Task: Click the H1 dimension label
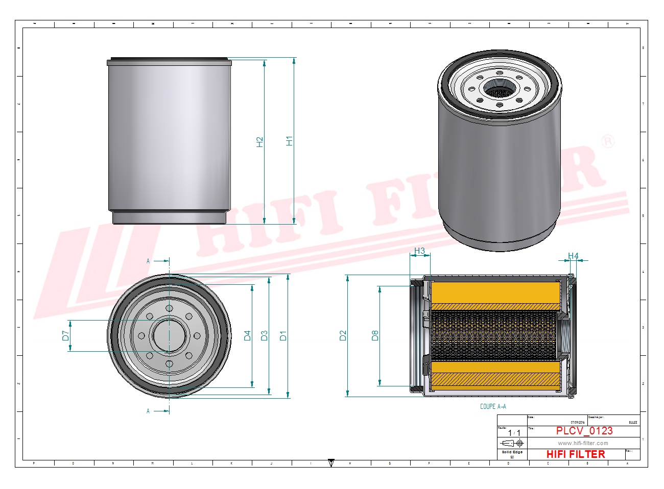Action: [x=290, y=141]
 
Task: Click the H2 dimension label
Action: [x=260, y=142]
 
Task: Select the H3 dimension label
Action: [x=419, y=251]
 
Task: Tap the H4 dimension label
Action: [x=573, y=256]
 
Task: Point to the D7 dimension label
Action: [x=65, y=335]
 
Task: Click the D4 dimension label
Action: [x=247, y=335]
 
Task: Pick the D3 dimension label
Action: [x=264, y=335]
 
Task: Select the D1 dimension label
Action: [x=283, y=335]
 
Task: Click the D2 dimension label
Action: [x=343, y=335]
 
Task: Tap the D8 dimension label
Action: [x=375, y=335]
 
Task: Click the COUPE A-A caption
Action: [x=493, y=406]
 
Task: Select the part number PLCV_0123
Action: [x=584, y=431]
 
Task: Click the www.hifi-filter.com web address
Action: [x=583, y=443]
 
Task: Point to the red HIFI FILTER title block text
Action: [x=575, y=454]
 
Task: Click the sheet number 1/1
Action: [x=514, y=433]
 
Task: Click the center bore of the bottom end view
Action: [x=169, y=335]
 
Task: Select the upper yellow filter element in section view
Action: [x=495, y=294]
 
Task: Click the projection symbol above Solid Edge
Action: [x=512, y=443]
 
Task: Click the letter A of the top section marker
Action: [x=149, y=261]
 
